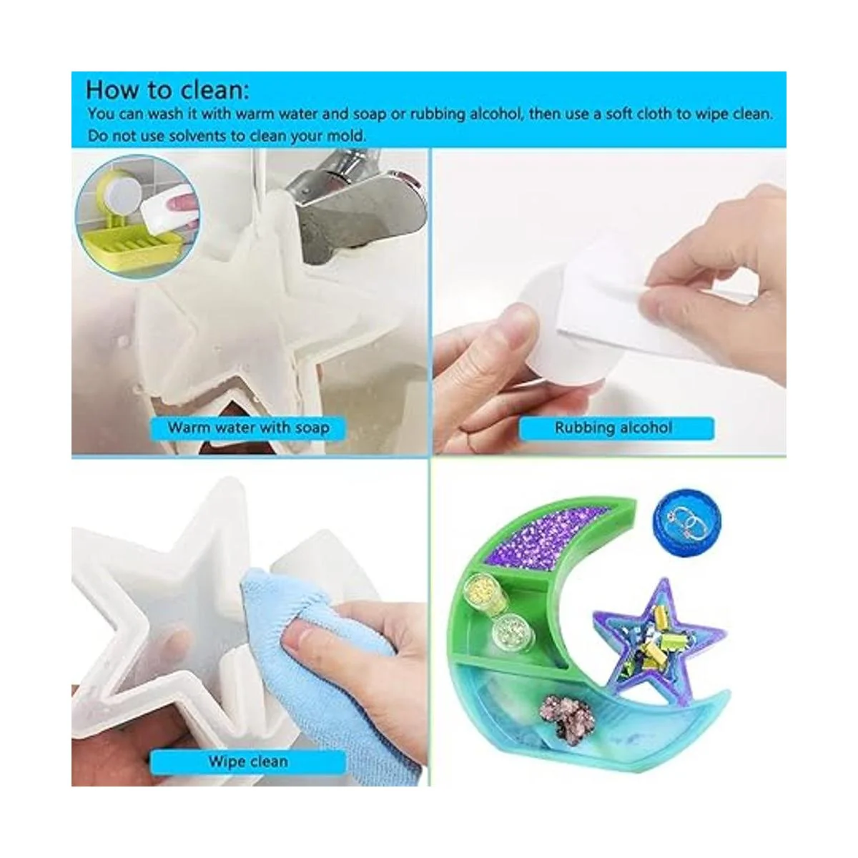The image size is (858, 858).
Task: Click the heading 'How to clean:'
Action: click(167, 89)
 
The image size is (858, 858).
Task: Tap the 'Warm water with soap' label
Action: click(248, 428)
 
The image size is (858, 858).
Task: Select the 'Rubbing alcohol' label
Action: click(613, 428)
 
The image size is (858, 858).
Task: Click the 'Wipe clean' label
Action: click(248, 761)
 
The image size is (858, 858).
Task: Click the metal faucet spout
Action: click(356, 209)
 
